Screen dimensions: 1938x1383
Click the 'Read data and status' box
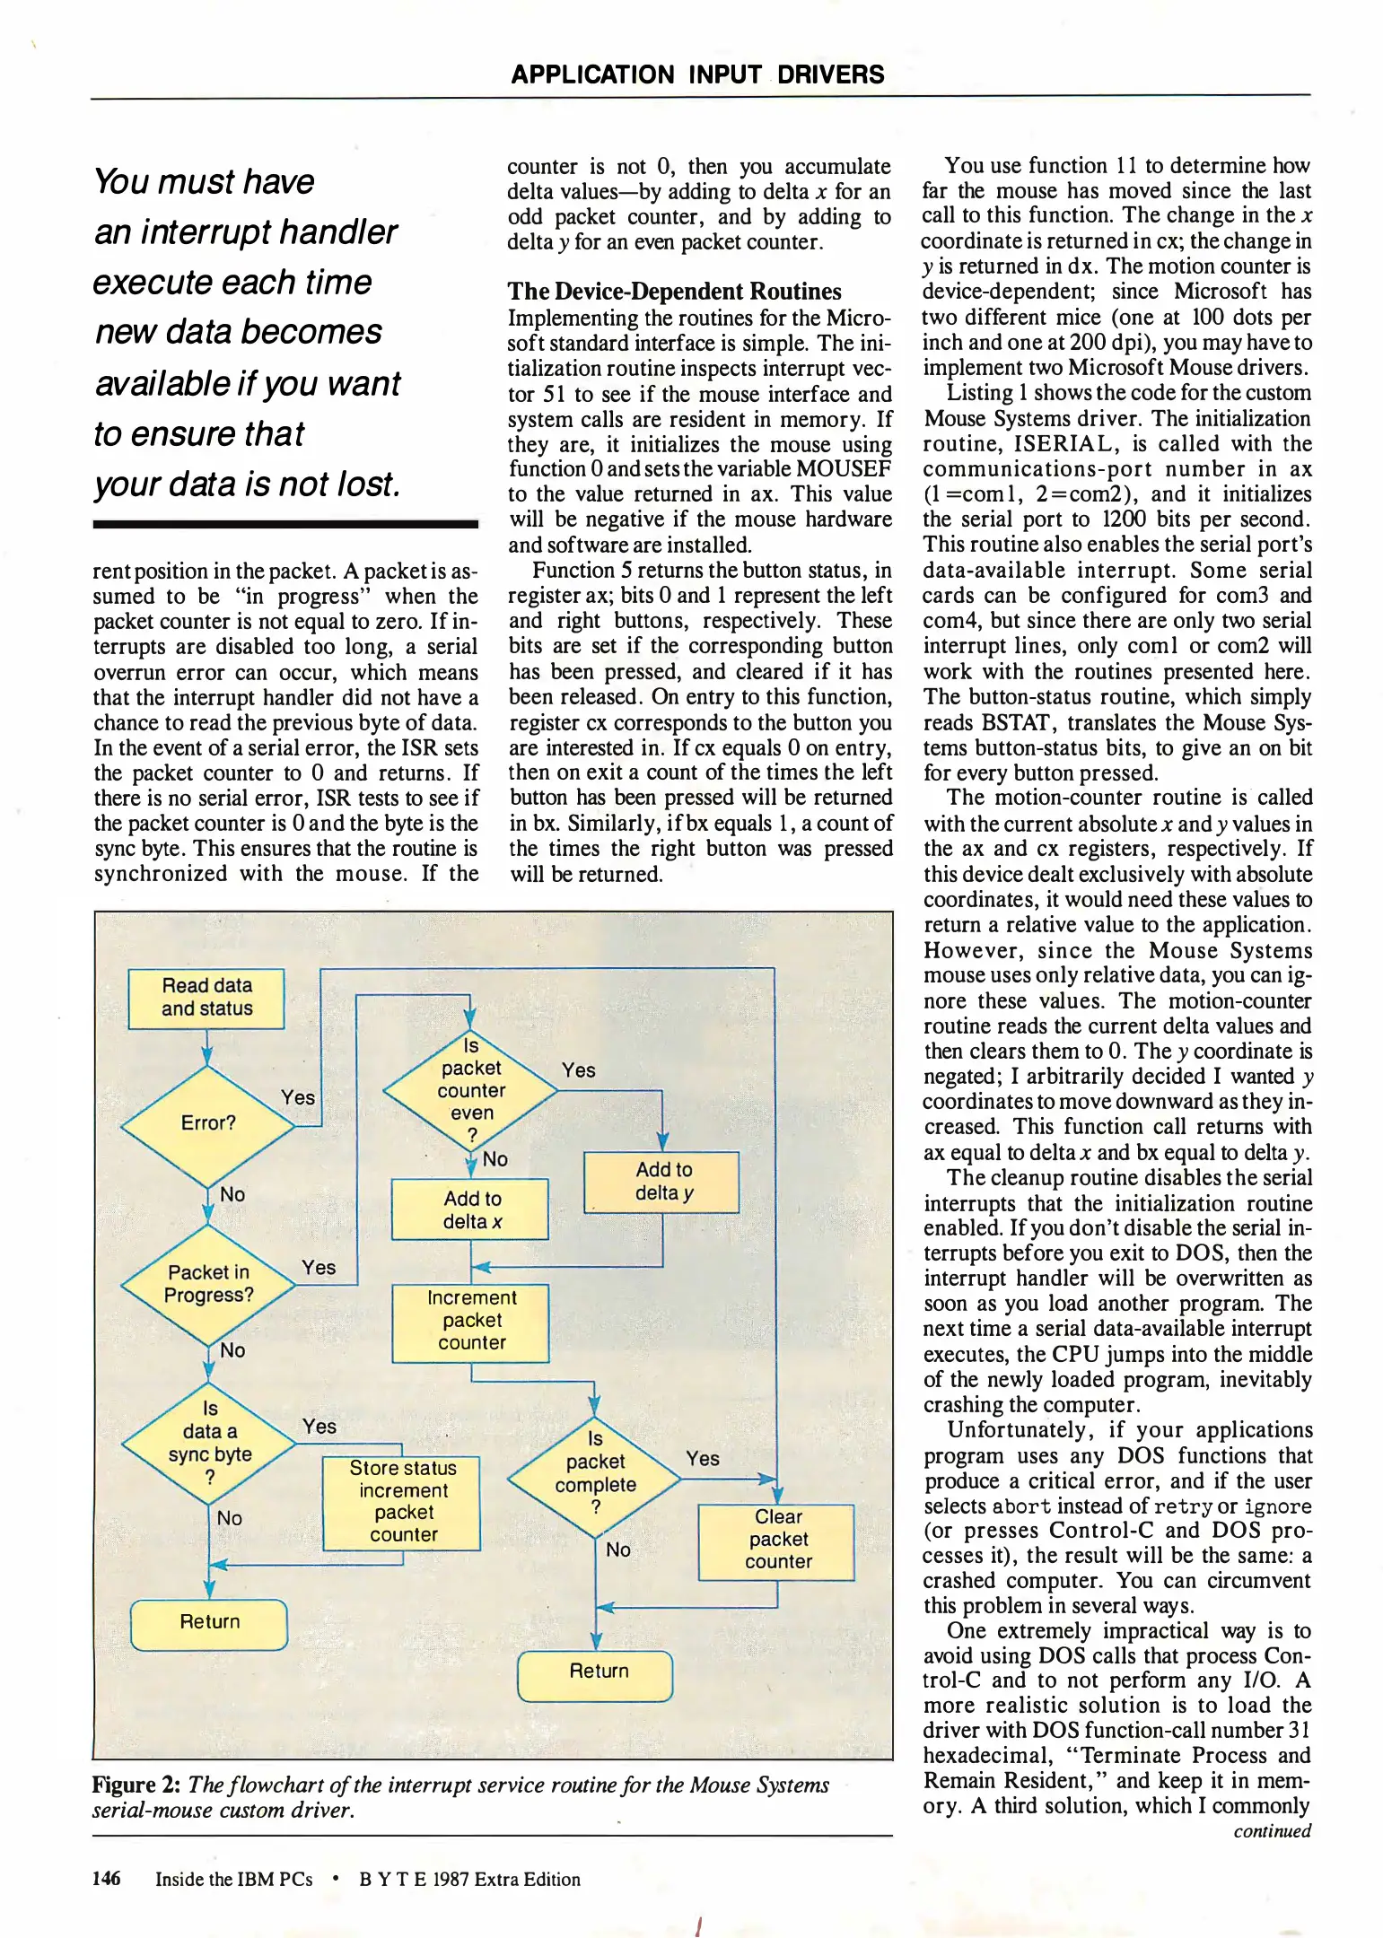[206, 998]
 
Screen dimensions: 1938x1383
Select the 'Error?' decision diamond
[208, 1123]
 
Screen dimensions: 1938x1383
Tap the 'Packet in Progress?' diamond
[208, 1284]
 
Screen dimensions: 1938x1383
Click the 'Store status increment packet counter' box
[402, 1502]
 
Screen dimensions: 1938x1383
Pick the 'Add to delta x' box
[470, 1209]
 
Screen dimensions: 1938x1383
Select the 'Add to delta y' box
[662, 1181]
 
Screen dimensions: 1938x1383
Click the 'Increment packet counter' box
[470, 1321]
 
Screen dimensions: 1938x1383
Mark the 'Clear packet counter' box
[777, 1540]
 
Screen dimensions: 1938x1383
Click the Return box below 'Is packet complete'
[596, 1671]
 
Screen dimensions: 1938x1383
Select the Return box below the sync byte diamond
[209, 1621]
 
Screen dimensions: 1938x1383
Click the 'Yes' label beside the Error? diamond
[298, 1097]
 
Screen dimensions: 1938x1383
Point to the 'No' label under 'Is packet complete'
[617, 1550]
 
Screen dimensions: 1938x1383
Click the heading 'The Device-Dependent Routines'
[674, 292]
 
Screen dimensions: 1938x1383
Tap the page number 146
[106, 1878]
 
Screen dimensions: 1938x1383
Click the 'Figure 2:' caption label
[137, 1785]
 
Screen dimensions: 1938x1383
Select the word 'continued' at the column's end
[1272, 1830]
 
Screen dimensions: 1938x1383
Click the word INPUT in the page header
[725, 74]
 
